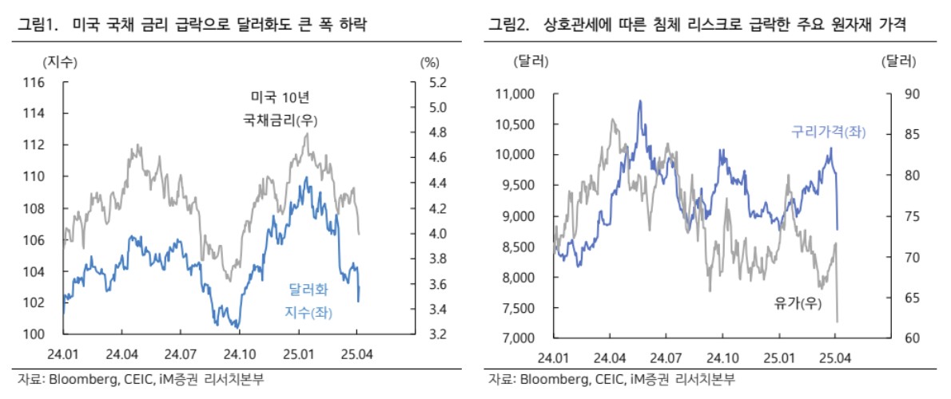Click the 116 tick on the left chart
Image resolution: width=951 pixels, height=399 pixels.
[34, 82]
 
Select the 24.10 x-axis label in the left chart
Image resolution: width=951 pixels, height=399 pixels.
[237, 352]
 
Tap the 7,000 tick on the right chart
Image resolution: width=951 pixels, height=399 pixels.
[519, 338]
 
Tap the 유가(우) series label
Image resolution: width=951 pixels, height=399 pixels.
[796, 304]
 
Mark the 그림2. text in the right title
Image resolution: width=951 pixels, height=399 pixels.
[511, 26]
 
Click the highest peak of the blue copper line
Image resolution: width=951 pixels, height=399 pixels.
[640, 101]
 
